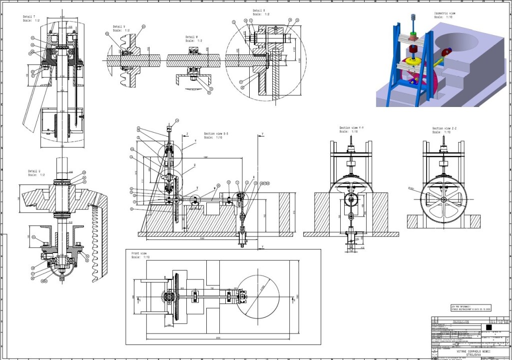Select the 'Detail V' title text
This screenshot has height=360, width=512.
[119, 26]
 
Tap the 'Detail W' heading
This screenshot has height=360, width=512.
[192, 37]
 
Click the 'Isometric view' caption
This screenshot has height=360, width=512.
[445, 13]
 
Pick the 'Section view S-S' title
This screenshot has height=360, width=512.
[216, 134]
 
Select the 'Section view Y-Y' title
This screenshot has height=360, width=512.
[352, 128]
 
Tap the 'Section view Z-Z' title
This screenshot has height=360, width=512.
[445, 128]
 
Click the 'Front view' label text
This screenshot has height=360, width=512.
[139, 253]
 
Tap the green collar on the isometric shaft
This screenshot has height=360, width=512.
[413, 36]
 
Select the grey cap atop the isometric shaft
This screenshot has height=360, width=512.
[414, 16]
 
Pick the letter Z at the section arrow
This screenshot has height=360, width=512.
[187, 134]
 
